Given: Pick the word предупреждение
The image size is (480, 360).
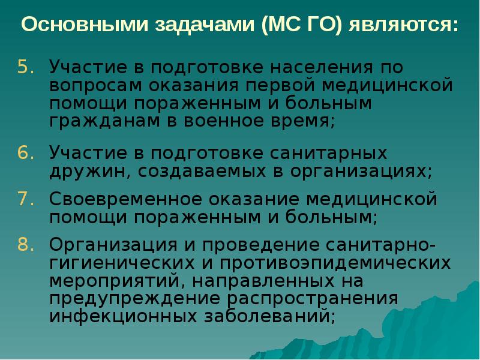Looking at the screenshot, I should point(123,298).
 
